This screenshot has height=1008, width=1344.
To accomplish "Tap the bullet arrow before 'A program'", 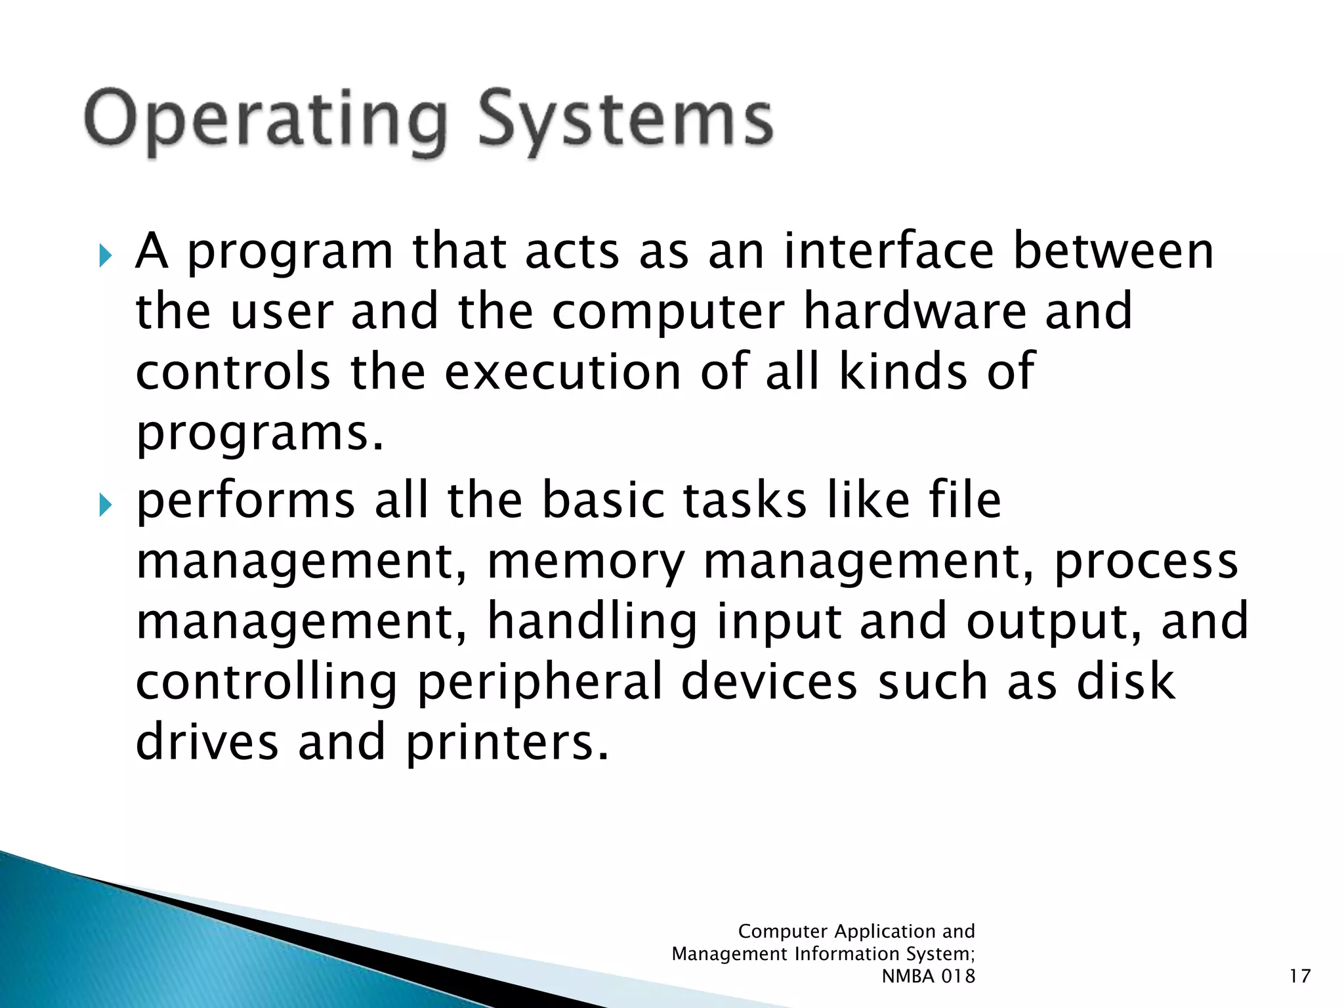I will [106, 256].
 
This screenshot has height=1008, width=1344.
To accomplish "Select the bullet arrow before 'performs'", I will [106, 505].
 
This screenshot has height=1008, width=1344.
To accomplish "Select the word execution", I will [563, 371].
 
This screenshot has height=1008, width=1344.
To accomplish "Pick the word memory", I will [585, 563].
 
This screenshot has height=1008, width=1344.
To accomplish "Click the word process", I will [1145, 562].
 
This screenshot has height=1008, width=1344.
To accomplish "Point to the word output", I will [1053, 622].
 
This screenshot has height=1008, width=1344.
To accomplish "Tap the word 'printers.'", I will [507, 743].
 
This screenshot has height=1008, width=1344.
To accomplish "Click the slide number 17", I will [1299, 976].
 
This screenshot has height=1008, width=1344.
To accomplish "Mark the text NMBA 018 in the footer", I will [928, 976].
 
